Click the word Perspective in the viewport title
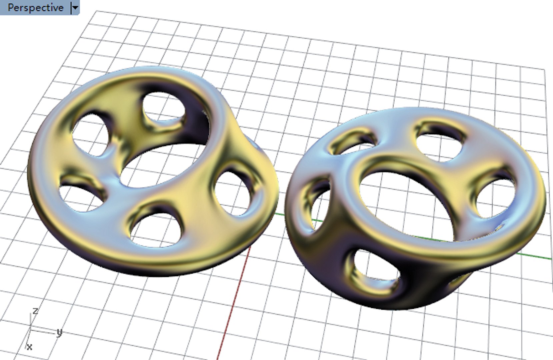pyautogui.click(x=35, y=7)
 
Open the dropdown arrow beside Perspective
pyautogui.click(x=75, y=7)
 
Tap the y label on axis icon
pyautogui.click(x=59, y=332)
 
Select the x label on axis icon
pyautogui.click(x=29, y=347)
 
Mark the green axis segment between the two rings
pyautogui.click(x=282, y=214)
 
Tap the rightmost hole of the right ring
pyautogui.click(x=497, y=197)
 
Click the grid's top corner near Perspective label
pyautogui.click(x=96, y=11)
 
